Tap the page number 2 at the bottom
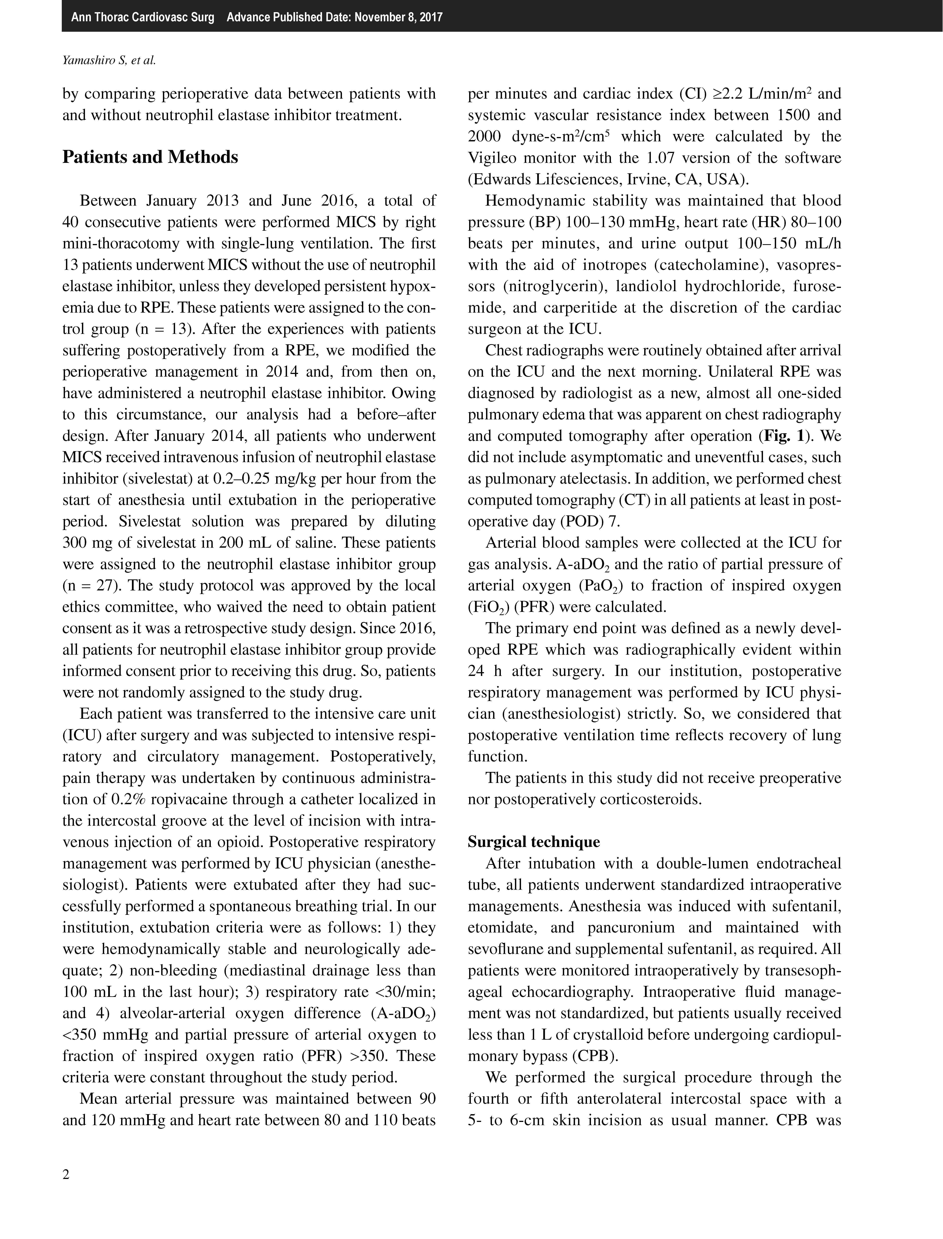click(66, 1174)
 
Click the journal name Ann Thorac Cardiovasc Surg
click(143, 17)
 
